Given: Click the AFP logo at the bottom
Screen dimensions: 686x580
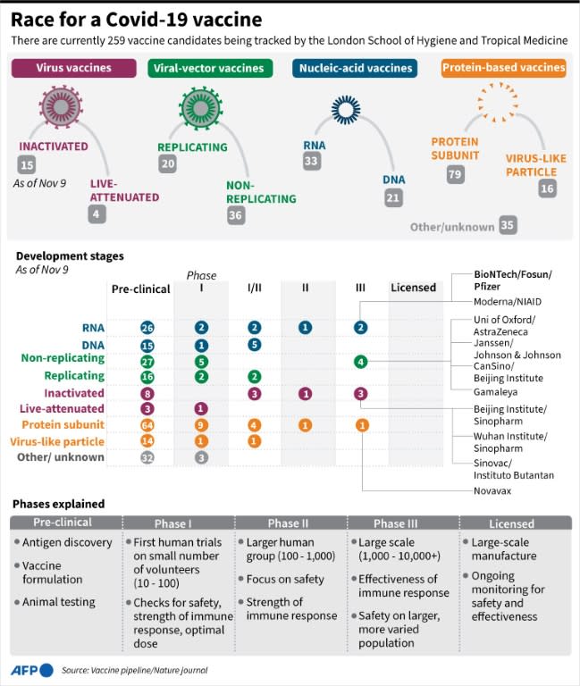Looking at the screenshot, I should pyautogui.click(x=32, y=670).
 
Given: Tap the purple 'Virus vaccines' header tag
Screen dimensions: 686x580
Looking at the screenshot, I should pyautogui.click(x=72, y=68).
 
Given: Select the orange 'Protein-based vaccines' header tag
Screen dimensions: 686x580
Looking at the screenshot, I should pyautogui.click(x=504, y=68).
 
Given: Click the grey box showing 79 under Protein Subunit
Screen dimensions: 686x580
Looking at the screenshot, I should pyautogui.click(x=455, y=174).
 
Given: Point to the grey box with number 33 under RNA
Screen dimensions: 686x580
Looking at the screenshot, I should pyautogui.click(x=311, y=162).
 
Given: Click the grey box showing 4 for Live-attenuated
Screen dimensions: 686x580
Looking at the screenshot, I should pyautogui.click(x=97, y=213).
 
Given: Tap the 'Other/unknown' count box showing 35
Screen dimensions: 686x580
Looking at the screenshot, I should pyautogui.click(x=509, y=225).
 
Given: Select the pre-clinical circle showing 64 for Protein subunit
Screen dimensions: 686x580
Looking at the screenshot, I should pyautogui.click(x=147, y=425).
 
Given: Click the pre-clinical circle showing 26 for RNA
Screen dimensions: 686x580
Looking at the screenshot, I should pyautogui.click(x=147, y=328).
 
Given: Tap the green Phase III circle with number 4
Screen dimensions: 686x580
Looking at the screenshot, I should pyautogui.click(x=360, y=362).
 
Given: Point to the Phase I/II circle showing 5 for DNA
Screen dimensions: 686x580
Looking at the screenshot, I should pyautogui.click(x=255, y=345).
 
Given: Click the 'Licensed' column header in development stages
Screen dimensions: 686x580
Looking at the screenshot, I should pyautogui.click(x=414, y=288).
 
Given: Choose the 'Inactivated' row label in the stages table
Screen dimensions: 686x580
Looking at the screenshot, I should pyautogui.click(x=74, y=393).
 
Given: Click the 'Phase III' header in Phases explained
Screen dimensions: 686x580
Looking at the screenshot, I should pyautogui.click(x=402, y=523).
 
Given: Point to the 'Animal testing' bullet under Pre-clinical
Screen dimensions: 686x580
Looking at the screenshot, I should pyautogui.click(x=59, y=602).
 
